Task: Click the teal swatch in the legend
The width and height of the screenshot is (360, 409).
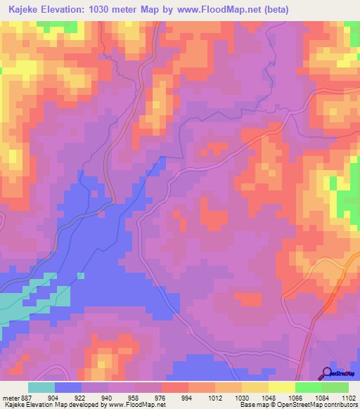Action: (41, 387)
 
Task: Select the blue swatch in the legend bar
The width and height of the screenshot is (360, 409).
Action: (68, 387)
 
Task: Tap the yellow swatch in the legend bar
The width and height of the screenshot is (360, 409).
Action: (282, 387)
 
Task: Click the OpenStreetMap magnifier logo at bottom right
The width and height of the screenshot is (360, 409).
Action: (328, 374)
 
